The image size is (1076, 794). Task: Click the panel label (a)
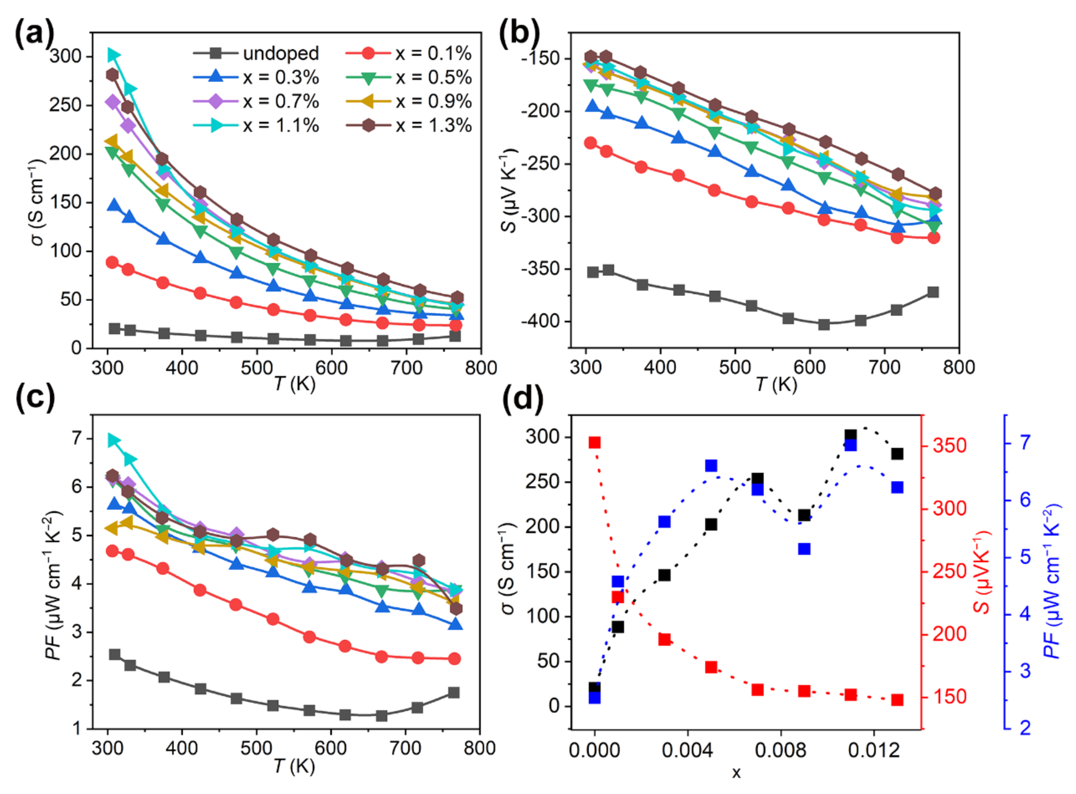[35, 35]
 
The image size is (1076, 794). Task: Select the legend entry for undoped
[281, 53]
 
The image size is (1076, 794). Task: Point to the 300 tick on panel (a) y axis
[66, 56]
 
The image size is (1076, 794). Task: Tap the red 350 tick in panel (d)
[949, 445]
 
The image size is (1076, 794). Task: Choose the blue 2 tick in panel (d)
[1025, 728]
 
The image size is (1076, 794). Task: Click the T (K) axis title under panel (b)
[776, 384]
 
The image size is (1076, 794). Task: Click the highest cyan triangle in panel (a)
[113, 55]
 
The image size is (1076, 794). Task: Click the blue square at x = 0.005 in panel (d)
[711, 466]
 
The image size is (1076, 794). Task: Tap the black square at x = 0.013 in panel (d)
[897, 454]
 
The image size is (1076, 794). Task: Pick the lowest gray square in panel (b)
[824, 324]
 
